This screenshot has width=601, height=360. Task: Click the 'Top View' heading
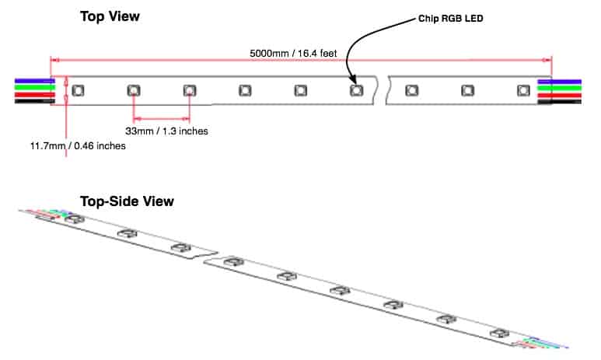110,16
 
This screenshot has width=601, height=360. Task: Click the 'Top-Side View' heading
127,201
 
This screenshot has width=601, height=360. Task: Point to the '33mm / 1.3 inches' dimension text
166,131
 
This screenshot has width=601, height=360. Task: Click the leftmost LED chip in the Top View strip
78,91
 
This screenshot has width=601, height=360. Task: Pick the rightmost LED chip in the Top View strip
522,91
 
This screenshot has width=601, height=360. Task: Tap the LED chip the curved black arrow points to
355,91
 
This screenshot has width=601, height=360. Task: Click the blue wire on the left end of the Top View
31,79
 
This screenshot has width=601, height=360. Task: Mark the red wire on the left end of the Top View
31,95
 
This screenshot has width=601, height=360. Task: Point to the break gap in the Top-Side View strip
207,257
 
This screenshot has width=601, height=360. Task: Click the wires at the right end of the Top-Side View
548,342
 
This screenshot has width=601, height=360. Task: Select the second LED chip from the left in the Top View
134,91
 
